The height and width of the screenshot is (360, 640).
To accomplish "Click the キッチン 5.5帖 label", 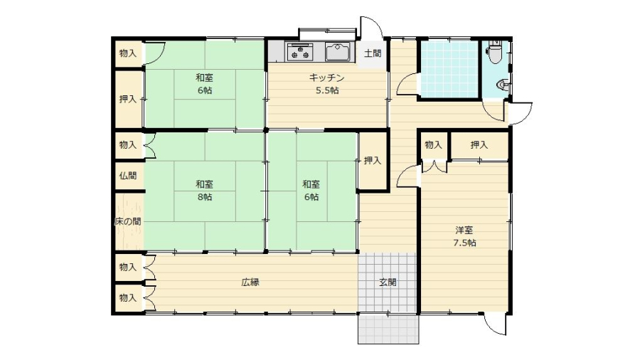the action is click(x=326, y=84).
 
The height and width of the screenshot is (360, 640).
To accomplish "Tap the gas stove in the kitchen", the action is click(x=300, y=51).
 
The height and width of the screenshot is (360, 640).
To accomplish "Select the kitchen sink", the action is click(x=338, y=52).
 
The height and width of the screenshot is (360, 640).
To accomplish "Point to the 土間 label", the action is click(x=372, y=53).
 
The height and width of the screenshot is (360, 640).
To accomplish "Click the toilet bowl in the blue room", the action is click(x=495, y=51).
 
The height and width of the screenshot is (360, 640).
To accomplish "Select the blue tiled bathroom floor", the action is click(x=449, y=69).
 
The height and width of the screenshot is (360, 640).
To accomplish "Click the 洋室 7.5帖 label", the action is click(x=464, y=236).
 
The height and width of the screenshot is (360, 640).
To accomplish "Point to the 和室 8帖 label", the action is click(x=204, y=191).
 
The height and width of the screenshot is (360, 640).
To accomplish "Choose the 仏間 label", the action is click(x=128, y=176).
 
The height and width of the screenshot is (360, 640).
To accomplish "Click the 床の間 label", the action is click(x=128, y=222).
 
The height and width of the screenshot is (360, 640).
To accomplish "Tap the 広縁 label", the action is click(x=250, y=282).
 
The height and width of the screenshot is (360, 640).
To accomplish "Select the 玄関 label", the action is click(x=388, y=282).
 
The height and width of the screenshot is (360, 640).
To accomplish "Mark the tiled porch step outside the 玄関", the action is click(x=388, y=329).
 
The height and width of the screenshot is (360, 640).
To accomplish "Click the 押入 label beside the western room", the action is click(x=479, y=145).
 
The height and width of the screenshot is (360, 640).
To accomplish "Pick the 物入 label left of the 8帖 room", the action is click(x=128, y=145).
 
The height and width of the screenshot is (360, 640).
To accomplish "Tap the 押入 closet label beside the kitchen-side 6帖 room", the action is click(x=372, y=161).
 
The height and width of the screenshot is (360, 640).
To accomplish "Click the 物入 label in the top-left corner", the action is click(x=128, y=53).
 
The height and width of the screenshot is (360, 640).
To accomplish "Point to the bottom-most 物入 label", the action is click(x=128, y=298).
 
